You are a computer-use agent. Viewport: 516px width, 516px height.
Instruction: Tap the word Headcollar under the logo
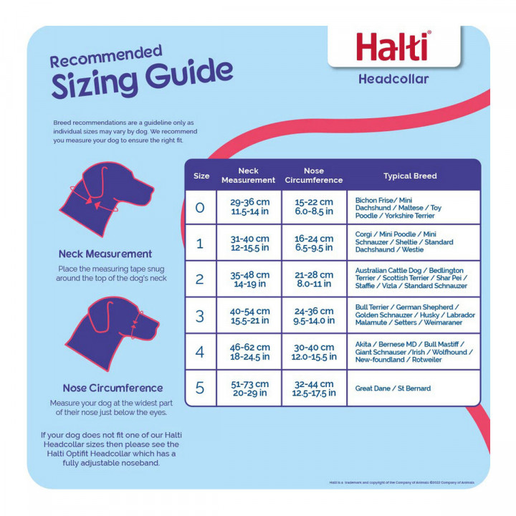point(393,79)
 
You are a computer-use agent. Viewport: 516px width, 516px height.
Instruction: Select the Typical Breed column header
point(410,176)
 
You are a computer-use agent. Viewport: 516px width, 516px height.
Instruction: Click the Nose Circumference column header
point(314,176)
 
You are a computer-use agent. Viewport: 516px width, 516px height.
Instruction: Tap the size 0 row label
point(200,208)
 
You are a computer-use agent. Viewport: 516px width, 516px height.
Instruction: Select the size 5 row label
point(200,388)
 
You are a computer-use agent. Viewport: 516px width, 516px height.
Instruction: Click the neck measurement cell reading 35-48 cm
point(249,279)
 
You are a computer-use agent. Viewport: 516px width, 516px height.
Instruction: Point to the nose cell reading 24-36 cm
point(314,315)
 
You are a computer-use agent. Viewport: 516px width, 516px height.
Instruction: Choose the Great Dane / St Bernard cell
point(393,388)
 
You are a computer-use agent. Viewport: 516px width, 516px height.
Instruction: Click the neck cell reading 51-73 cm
point(249,388)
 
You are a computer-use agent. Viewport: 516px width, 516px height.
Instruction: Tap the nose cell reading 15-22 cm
point(314,207)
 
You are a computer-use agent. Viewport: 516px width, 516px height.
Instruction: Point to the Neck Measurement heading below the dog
point(105,254)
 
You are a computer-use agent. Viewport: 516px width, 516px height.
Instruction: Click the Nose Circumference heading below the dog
point(113,388)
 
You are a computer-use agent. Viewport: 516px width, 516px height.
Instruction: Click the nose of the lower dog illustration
point(154,328)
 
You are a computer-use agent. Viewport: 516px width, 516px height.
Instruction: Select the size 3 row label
point(200,315)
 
